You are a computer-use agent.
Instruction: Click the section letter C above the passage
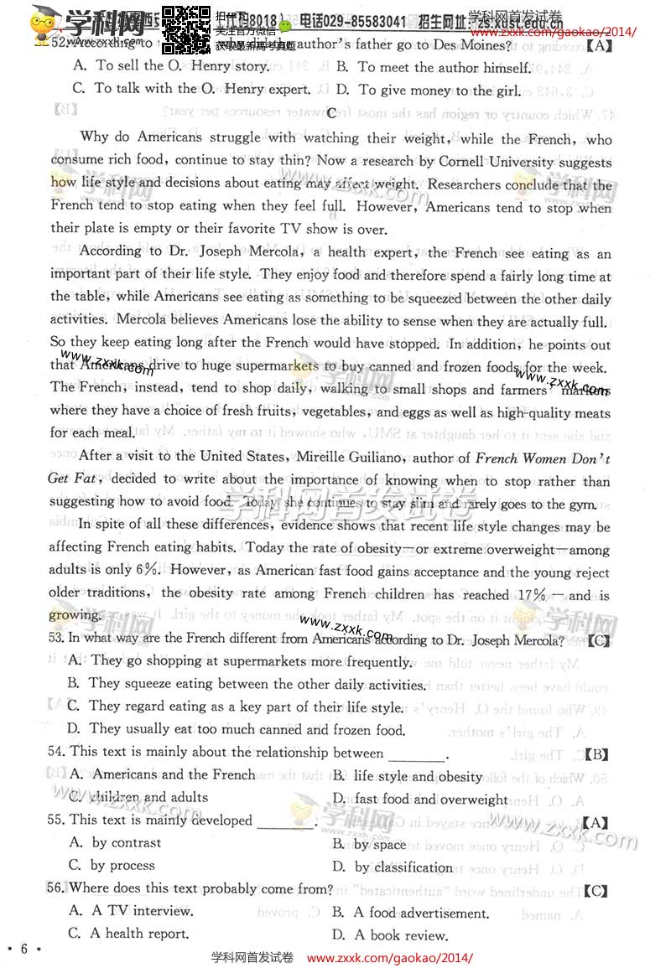pos(331,112)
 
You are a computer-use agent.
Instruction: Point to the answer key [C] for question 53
pos(598,641)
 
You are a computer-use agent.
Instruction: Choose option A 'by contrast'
pos(116,843)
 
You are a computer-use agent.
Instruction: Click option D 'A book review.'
pos(390,935)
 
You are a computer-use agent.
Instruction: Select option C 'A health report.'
pos(128,934)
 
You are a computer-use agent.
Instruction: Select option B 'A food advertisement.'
pos(410,913)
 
